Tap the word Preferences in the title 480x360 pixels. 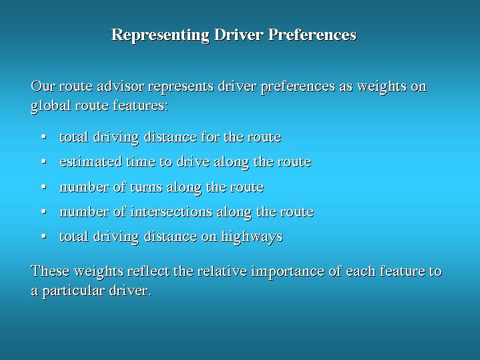(x=312, y=34)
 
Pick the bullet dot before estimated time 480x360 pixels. (x=44, y=162)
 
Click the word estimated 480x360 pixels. (x=91, y=162)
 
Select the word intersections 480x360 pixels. (x=171, y=212)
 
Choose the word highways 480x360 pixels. (x=252, y=237)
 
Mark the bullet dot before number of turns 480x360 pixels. (x=44, y=186)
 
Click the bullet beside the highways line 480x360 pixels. (x=44, y=236)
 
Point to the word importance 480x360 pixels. (x=288, y=272)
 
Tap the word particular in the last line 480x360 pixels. (x=73, y=291)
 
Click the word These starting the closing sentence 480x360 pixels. (x=50, y=271)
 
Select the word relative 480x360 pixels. (x=222, y=271)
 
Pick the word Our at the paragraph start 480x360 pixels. (x=43, y=85)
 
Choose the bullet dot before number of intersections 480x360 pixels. (x=44, y=212)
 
